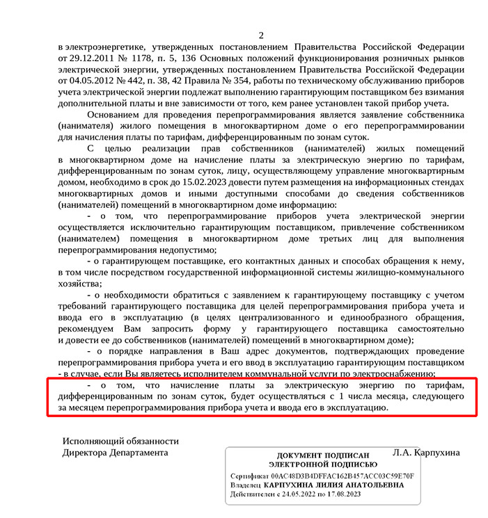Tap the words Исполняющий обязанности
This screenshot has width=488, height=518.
[x=120, y=441]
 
